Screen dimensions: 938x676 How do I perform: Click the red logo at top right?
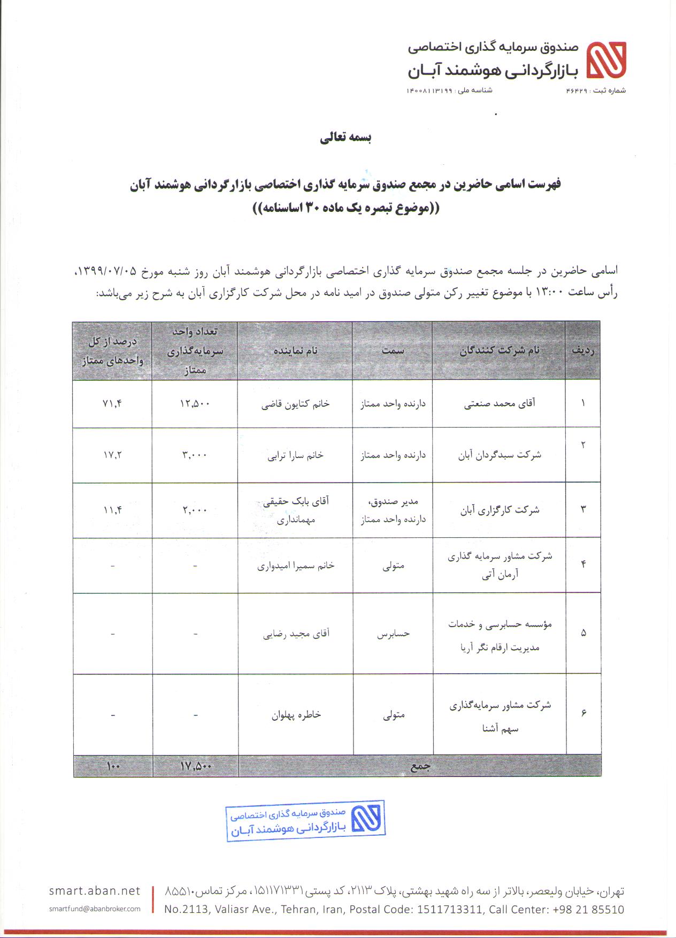tap(606, 60)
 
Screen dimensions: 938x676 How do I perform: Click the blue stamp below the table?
tap(305, 821)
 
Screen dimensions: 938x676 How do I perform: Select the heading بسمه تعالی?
tap(345, 138)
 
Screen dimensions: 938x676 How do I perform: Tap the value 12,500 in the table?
tap(195, 403)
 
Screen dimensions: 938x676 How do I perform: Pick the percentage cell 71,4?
tap(112, 403)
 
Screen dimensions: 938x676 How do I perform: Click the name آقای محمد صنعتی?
tap(499, 403)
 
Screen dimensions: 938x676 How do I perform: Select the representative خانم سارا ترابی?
tap(295, 455)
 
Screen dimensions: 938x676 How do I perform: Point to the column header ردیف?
tap(583, 350)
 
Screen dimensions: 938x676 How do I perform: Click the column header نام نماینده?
tap(295, 350)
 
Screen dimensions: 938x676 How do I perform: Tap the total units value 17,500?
tap(196, 766)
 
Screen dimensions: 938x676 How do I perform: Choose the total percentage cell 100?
tap(113, 766)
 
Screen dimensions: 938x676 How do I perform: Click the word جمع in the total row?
tap(420, 766)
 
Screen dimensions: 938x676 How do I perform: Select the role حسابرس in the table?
tap(393, 634)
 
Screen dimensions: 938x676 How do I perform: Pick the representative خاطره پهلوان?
tap(296, 715)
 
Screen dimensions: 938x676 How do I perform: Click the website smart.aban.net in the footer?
tap(94, 890)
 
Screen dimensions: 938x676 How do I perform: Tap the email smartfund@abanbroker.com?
tap(94, 909)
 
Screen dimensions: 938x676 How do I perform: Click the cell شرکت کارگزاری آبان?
tap(500, 510)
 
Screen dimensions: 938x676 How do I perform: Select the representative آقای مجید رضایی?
tap(296, 634)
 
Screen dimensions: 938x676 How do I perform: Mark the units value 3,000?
tap(195, 455)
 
